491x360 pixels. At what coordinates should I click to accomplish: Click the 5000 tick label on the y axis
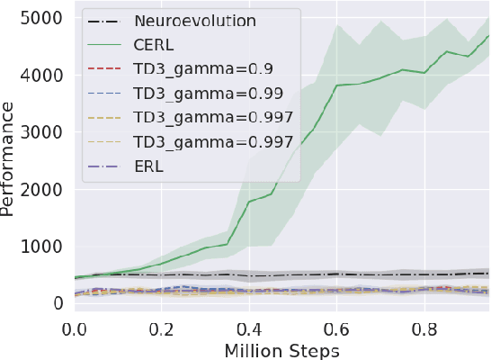(x=43, y=19)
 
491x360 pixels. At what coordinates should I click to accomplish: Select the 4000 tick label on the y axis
(x=43, y=76)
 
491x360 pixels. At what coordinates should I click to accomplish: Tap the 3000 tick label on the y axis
(x=43, y=132)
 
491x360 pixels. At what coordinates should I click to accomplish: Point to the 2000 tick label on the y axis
(x=43, y=190)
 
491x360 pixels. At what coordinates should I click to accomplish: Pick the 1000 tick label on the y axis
(x=43, y=247)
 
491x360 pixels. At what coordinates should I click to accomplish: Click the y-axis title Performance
(x=9, y=159)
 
